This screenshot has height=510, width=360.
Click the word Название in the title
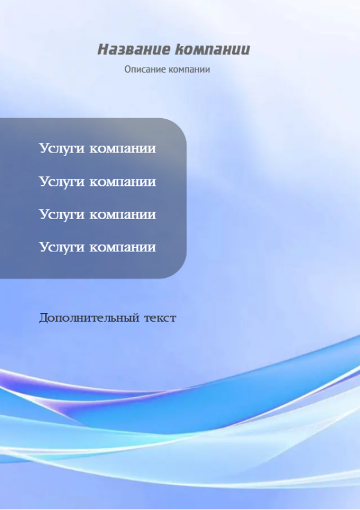[134, 49]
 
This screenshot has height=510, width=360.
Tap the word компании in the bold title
[212, 49]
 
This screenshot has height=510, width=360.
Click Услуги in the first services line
[62, 149]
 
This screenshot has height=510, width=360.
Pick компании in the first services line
[122, 149]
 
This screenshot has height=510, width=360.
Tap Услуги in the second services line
[62, 182]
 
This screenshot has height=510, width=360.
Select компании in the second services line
[122, 182]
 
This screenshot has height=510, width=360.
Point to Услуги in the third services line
[62, 215]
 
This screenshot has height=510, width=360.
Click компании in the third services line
[122, 215]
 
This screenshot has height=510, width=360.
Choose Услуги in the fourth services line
[62, 248]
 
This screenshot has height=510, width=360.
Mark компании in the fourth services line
[122, 248]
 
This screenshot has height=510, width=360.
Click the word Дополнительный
[90, 318]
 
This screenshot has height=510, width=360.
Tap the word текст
[160, 318]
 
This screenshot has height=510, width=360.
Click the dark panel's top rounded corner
[181, 124]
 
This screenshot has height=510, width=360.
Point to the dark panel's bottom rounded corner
[181, 272]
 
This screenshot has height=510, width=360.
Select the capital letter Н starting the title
[103, 49]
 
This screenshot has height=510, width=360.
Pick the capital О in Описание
[127, 69]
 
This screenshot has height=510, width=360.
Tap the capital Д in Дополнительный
[44, 318]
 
